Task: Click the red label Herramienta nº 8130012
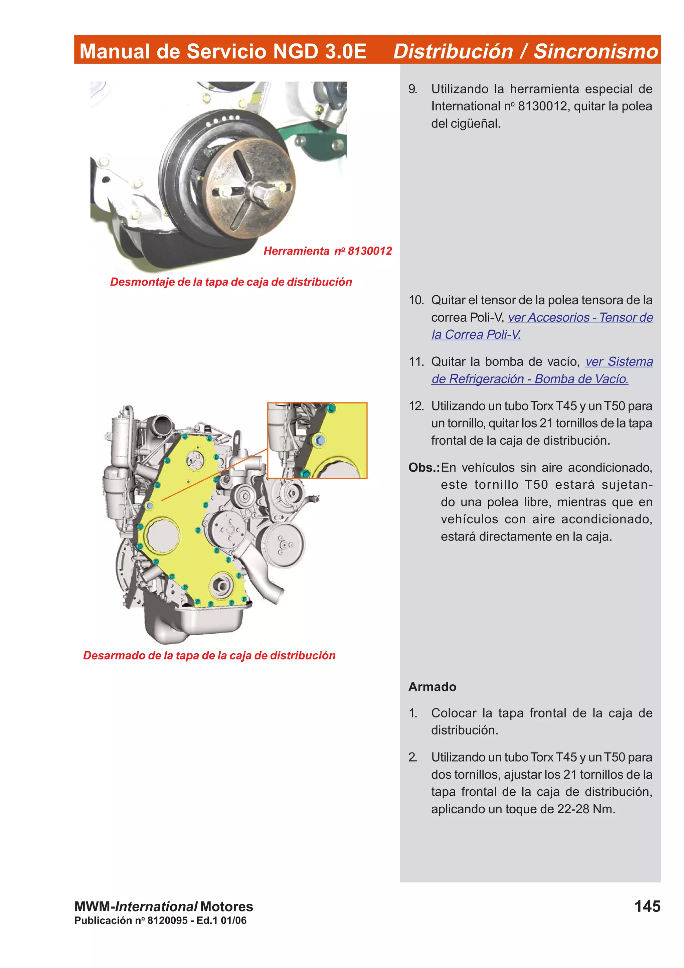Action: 327,251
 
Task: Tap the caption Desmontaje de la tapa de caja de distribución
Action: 231,282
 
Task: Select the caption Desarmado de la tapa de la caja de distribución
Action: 209,656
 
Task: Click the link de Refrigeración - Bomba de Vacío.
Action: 530,379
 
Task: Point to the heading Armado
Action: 432,687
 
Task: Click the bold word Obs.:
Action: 423,468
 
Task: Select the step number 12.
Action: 416,406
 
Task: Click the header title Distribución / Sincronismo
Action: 525,51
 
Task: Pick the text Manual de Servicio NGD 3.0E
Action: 223,51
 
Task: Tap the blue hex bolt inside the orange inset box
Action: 319,441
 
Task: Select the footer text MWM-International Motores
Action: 164,907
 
